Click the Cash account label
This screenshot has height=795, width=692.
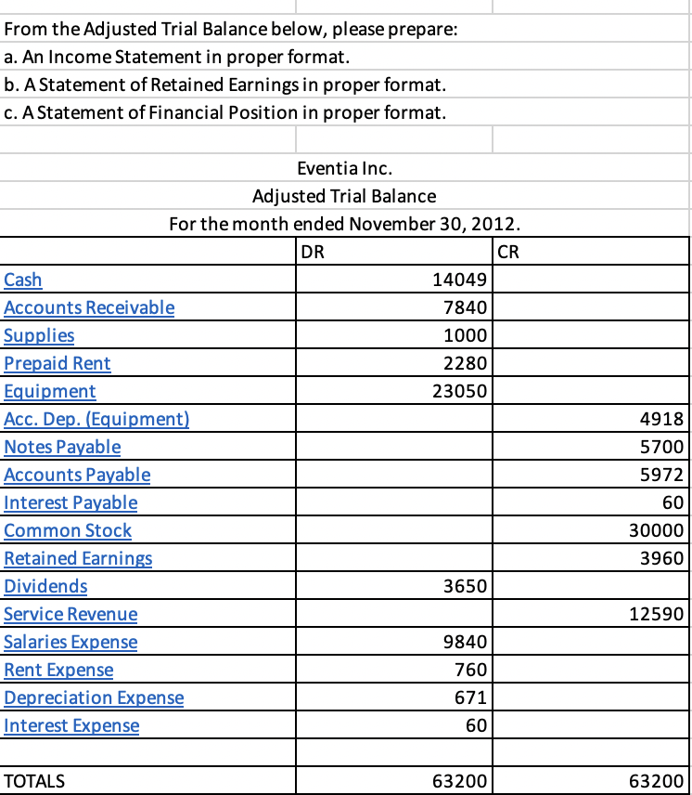pos(23,280)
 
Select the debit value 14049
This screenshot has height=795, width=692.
pos(461,280)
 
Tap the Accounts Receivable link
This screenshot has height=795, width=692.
pos(89,307)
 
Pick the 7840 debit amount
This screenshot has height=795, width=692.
pos(469,307)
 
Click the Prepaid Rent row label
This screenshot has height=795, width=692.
pos(58,363)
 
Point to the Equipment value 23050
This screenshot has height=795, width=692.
pos(461,391)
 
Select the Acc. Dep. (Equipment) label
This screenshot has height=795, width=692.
pos(96,419)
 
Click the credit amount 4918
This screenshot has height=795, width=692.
pos(662,419)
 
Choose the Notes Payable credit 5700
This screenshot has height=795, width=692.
pos(662,447)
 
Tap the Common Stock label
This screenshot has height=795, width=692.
pos(68,530)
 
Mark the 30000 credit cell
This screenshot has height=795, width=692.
pos(658,530)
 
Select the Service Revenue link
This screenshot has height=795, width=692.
pos(70,614)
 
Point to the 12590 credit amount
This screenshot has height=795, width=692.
pos(658,614)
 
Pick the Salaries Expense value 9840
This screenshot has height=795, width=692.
pos(469,642)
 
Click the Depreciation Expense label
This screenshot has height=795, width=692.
pos(94,697)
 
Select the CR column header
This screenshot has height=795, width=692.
pos(511,252)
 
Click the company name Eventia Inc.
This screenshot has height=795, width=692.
pos(344,168)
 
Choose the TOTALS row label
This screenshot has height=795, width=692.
pos(35,781)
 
